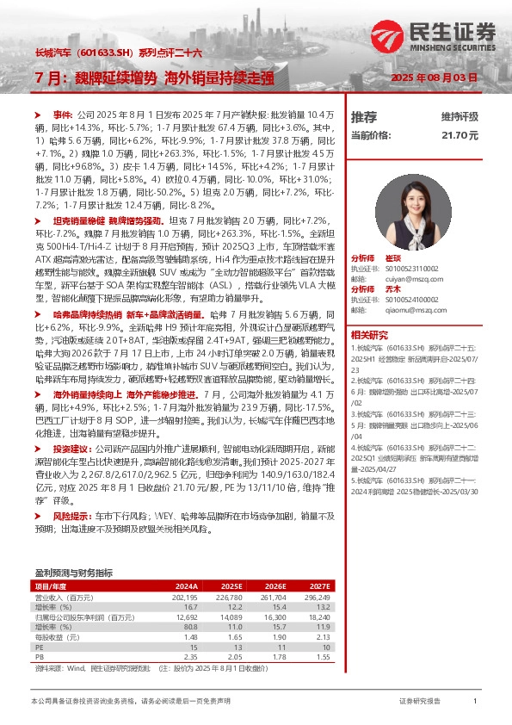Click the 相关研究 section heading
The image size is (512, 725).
[370, 334]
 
